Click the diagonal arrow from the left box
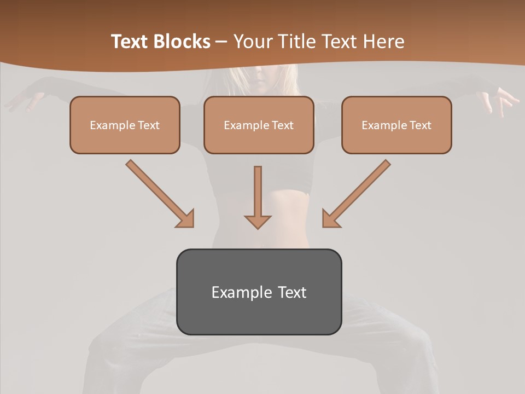click(x=159, y=193)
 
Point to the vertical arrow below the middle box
click(x=258, y=197)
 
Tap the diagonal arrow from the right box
click(x=357, y=193)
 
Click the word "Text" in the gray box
click(x=293, y=292)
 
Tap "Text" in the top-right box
click(x=421, y=125)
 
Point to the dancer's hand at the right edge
click(x=503, y=101)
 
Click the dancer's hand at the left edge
click(x=22, y=101)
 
